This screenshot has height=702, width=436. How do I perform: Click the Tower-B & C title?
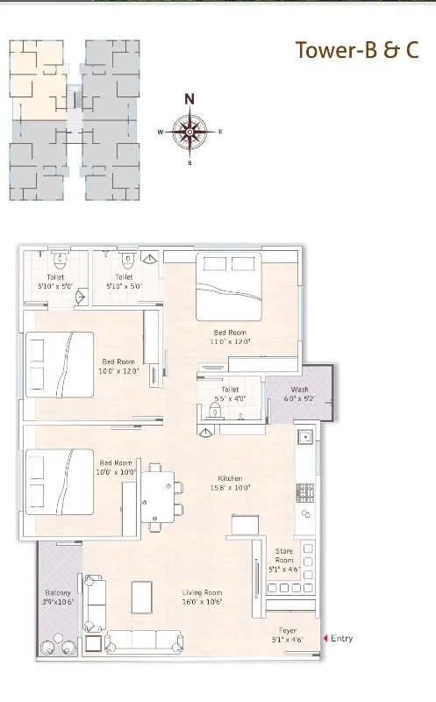click(x=356, y=50)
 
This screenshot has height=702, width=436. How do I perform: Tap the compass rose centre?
click(x=189, y=132)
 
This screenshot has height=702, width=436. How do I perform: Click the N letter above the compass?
click(x=189, y=98)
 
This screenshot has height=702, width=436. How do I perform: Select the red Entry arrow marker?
click(x=325, y=638)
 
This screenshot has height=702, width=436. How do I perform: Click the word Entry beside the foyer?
click(x=342, y=638)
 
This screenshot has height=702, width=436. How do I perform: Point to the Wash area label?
click(x=299, y=390)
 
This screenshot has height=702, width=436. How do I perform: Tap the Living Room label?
click(x=201, y=592)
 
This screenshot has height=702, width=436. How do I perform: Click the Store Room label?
click(x=283, y=555)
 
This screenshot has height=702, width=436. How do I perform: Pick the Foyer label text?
click(x=288, y=630)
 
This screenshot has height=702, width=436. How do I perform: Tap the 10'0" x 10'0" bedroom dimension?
click(x=116, y=471)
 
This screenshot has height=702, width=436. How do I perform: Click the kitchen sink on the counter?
click(x=306, y=436)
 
